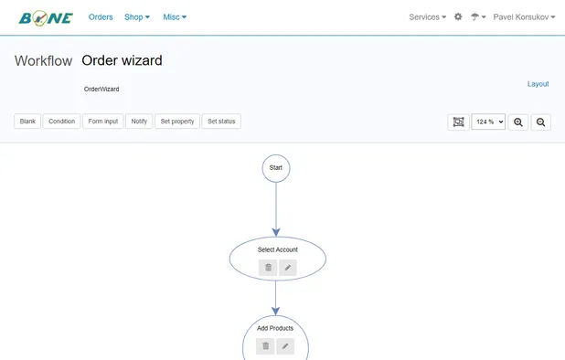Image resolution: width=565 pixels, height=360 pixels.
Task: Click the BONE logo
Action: [46, 17]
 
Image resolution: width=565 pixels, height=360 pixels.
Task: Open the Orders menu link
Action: [101, 17]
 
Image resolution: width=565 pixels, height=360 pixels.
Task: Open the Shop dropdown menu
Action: [137, 17]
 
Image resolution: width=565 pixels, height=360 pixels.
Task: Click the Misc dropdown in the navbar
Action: [175, 17]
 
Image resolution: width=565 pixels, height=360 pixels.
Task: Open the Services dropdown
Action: [427, 17]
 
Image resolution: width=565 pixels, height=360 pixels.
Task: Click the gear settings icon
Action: [458, 17]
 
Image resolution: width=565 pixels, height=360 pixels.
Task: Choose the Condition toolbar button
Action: [61, 121]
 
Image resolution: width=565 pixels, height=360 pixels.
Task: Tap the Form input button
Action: [103, 121]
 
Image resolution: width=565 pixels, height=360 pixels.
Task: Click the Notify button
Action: [139, 121]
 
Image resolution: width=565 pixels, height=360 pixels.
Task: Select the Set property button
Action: [177, 121]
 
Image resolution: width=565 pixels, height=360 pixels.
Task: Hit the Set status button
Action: [221, 121]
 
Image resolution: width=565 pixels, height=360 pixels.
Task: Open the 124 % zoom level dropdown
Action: [488, 122]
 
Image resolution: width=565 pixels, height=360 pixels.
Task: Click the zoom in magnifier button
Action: [518, 122]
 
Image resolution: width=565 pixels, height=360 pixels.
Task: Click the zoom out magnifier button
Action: [541, 122]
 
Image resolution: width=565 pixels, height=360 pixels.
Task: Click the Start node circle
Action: [276, 168]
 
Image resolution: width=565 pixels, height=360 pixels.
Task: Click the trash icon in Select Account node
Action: [267, 268]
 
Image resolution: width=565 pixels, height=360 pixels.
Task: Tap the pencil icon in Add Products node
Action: [286, 346]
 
